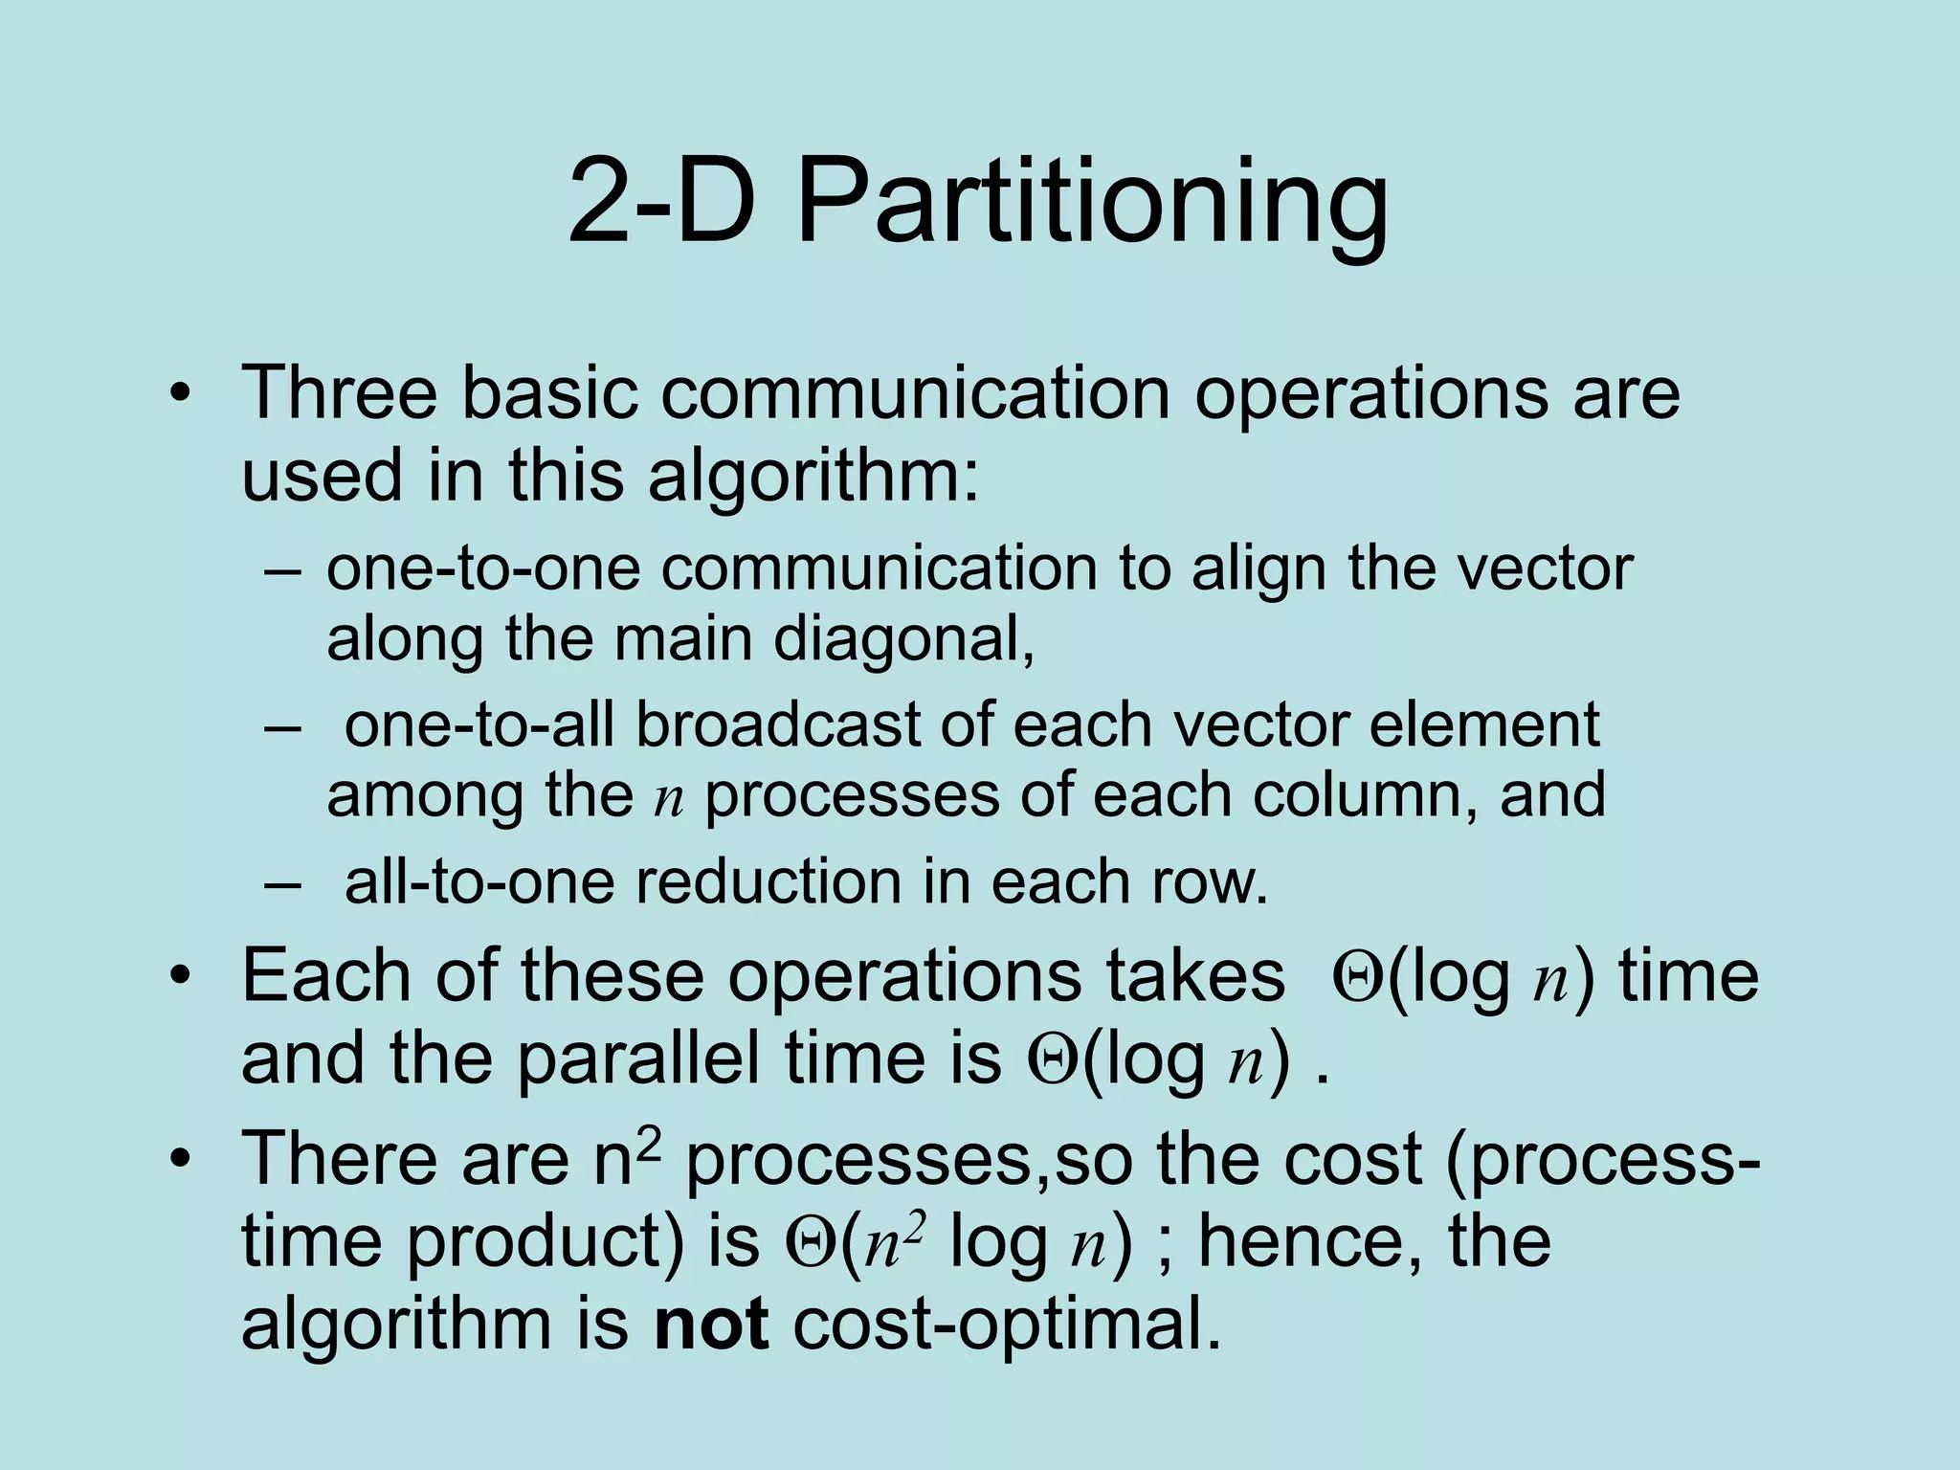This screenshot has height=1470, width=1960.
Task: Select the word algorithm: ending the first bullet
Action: click(813, 476)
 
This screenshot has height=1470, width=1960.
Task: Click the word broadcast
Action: click(777, 724)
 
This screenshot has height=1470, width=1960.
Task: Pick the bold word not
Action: click(711, 1325)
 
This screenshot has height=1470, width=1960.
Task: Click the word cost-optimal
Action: click(1008, 1325)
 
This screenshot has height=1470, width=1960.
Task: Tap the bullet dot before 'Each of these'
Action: click(179, 978)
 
